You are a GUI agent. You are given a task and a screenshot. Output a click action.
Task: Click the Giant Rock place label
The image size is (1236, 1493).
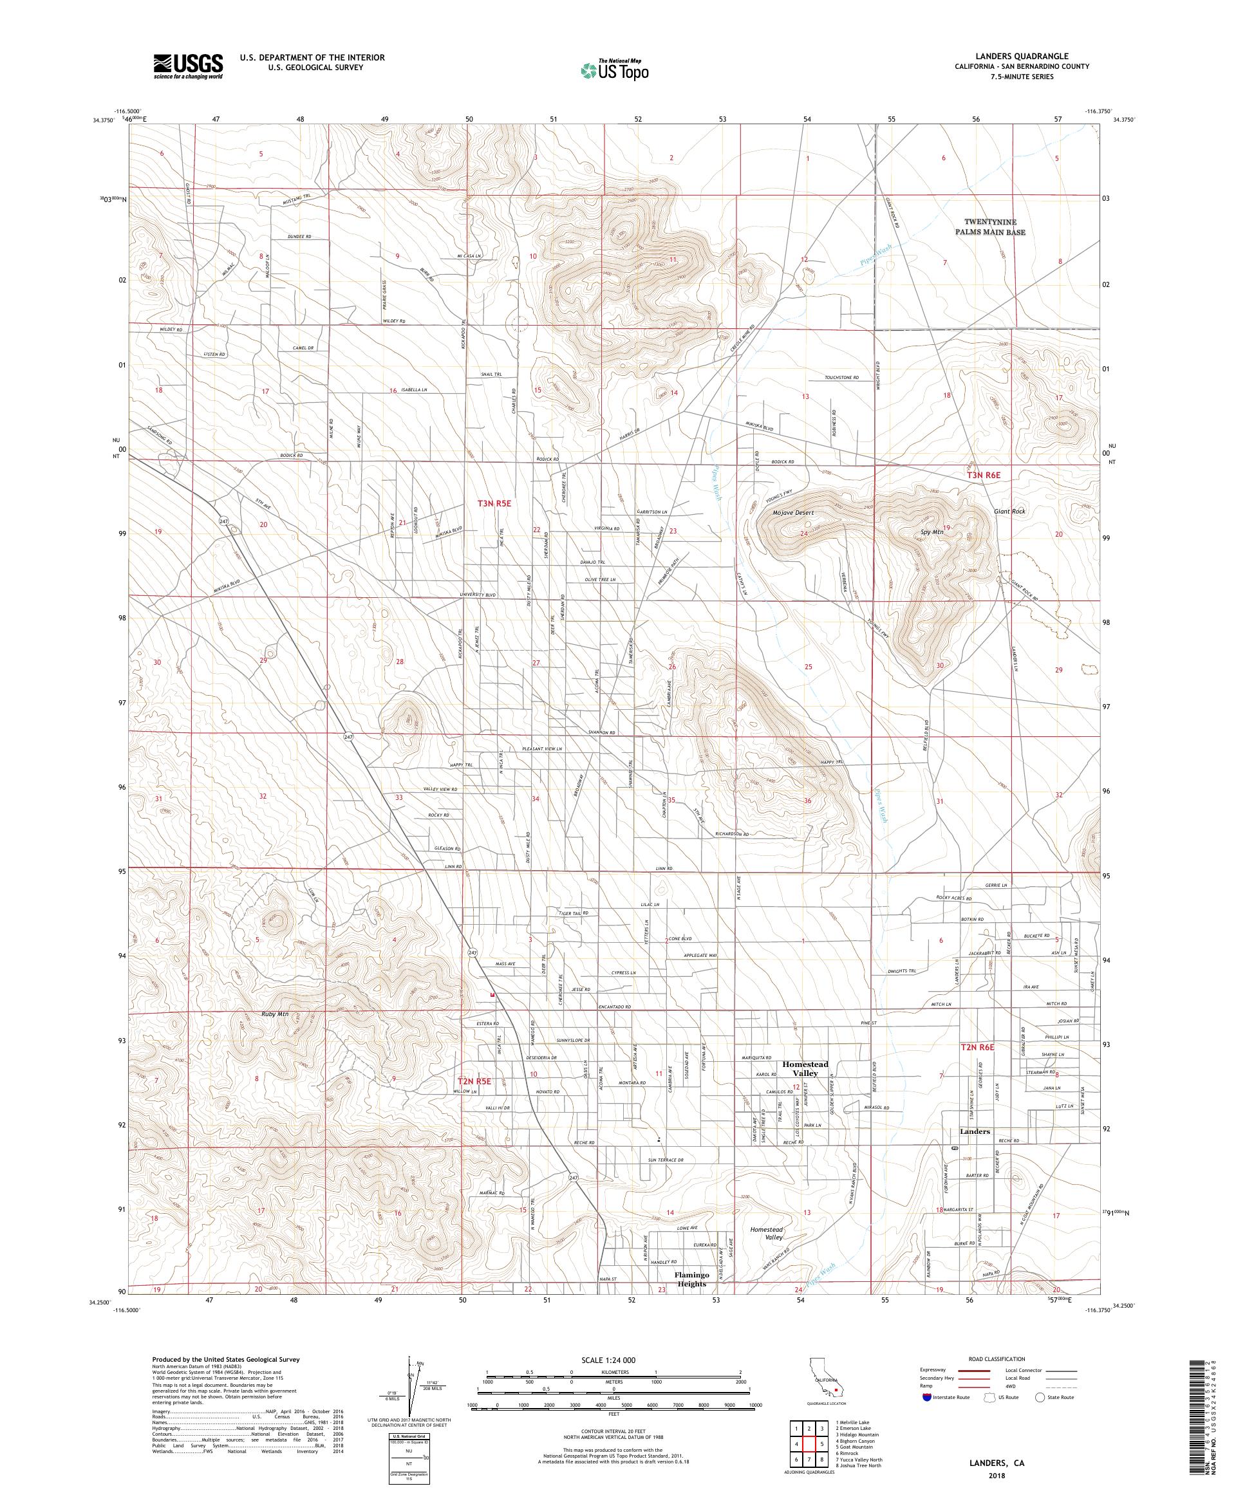[x=1010, y=510]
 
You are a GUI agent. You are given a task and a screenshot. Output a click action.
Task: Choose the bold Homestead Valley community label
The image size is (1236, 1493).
[x=805, y=1068]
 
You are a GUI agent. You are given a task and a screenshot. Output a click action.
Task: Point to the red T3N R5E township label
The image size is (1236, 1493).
[x=494, y=503]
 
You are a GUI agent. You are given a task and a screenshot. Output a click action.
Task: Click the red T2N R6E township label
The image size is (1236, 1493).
[x=977, y=1047]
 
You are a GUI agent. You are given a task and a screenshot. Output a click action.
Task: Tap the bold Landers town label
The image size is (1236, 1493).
[x=974, y=1131]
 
